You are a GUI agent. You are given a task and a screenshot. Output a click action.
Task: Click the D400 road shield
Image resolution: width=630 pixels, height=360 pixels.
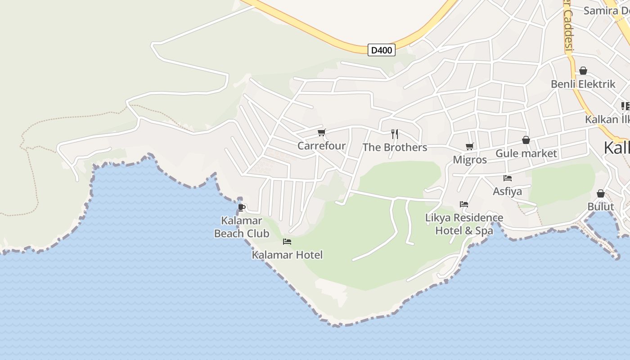[x=382, y=50]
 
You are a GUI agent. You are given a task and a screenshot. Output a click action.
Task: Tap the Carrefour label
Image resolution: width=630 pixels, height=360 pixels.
[x=321, y=146]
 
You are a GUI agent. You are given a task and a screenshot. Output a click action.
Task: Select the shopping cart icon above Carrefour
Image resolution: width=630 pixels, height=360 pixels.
[x=321, y=133]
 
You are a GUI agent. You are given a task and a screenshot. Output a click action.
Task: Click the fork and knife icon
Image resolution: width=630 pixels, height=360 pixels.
[x=395, y=134]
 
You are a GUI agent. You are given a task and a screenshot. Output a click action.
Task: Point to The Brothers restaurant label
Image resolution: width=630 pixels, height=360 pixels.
[x=395, y=148]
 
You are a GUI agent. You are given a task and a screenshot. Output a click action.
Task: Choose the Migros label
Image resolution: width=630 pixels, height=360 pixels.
[x=470, y=160]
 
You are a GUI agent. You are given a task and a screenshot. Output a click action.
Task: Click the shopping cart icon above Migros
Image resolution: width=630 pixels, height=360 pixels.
[x=470, y=146]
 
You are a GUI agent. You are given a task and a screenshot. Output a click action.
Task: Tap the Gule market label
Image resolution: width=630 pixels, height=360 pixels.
[x=526, y=153]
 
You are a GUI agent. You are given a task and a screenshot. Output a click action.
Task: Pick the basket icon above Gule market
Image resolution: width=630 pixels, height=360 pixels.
[x=526, y=140]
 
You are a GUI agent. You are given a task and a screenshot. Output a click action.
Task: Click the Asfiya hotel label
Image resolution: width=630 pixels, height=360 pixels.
[x=507, y=191]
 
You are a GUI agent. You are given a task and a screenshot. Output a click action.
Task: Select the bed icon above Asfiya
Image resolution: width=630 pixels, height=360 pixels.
[x=508, y=178]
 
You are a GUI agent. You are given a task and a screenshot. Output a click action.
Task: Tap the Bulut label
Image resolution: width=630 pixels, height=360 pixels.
[x=601, y=207]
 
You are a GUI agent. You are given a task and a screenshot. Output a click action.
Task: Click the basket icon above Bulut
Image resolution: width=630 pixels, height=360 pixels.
[x=601, y=193]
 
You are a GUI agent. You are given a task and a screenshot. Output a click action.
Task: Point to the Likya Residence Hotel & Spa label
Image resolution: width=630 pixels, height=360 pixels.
[x=464, y=224]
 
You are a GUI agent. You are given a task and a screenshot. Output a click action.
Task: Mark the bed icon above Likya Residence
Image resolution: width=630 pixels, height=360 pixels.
[x=464, y=204]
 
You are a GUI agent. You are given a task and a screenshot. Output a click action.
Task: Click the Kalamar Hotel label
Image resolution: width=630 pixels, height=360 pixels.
[x=287, y=255]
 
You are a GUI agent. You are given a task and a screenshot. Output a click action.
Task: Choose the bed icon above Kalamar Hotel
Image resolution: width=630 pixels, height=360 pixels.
[x=287, y=242]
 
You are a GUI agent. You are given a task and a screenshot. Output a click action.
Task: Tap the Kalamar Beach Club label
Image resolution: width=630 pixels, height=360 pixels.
[x=242, y=227]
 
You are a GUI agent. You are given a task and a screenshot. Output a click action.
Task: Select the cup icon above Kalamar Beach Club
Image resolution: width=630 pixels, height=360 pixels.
[x=242, y=207]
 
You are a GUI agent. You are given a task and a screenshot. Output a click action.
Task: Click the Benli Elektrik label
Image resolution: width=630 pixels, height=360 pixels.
[x=583, y=84]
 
